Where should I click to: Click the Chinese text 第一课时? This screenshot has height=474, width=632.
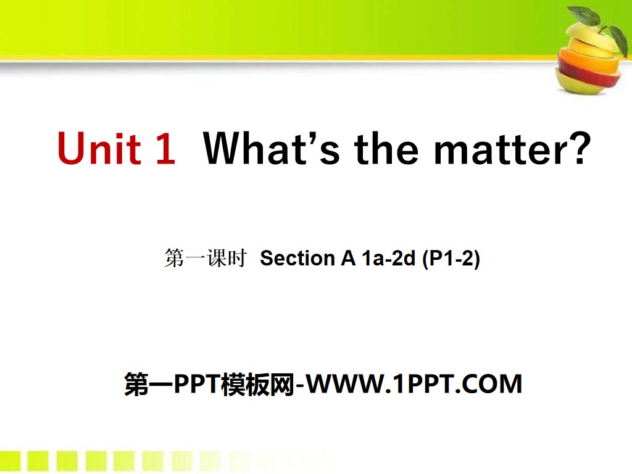(206, 259)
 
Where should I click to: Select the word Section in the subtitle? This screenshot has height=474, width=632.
(297, 259)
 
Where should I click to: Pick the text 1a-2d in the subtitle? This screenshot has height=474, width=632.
(388, 259)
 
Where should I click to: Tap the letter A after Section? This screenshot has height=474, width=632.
(347, 259)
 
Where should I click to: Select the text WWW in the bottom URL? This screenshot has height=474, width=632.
(347, 385)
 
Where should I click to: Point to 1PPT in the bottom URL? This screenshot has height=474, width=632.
(426, 385)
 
